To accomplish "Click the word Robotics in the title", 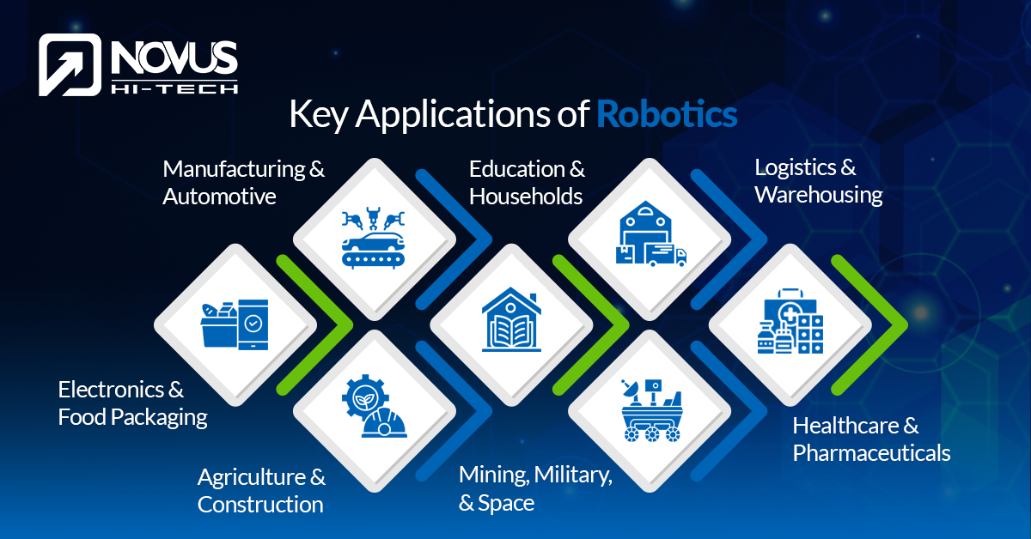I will (x=667, y=113).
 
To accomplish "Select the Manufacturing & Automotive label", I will (x=244, y=182).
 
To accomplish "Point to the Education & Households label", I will (x=526, y=182).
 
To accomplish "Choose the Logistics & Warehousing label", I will (x=818, y=181).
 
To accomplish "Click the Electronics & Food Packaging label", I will (x=133, y=403).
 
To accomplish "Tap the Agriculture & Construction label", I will (x=261, y=490).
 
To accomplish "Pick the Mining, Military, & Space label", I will (x=535, y=488).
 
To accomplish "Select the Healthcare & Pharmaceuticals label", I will (x=871, y=439).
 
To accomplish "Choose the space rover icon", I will (x=651, y=410).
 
